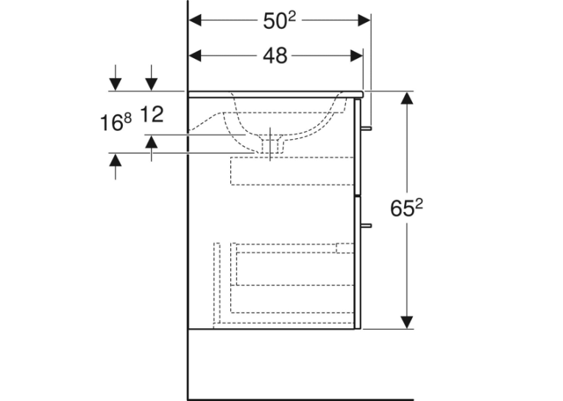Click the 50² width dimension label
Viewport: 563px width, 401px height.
click(x=280, y=21)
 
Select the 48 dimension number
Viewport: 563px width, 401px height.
click(x=275, y=56)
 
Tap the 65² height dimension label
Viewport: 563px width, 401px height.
click(x=406, y=208)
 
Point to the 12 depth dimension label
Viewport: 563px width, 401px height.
click(x=152, y=114)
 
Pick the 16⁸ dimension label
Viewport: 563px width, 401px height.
click(x=116, y=122)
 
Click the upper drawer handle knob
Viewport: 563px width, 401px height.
click(x=367, y=128)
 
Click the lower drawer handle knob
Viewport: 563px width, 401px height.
click(x=367, y=225)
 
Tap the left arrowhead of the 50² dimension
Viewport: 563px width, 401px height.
click(x=195, y=21)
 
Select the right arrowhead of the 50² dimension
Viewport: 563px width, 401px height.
click(x=364, y=21)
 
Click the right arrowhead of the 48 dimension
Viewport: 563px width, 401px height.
click(x=356, y=56)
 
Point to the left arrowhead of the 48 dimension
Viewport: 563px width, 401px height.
click(x=195, y=56)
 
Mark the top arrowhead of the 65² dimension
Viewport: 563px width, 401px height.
click(x=406, y=98)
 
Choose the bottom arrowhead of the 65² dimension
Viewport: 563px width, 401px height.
click(x=406, y=322)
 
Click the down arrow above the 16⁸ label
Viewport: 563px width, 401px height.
click(x=116, y=77)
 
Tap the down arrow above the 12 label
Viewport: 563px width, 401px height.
click(x=152, y=77)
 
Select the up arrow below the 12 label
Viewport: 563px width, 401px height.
click(x=152, y=148)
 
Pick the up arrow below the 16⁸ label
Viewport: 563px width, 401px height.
click(x=116, y=166)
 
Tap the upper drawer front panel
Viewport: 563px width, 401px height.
click(x=357, y=147)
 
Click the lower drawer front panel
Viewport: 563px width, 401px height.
click(x=357, y=263)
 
